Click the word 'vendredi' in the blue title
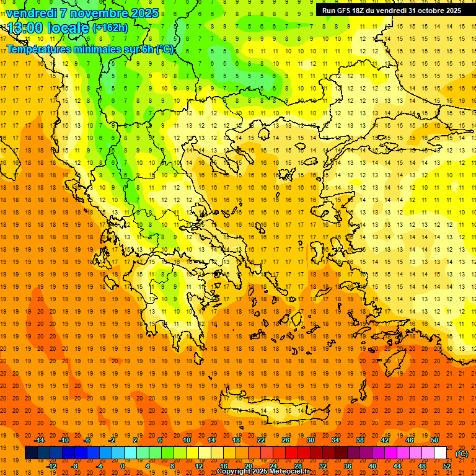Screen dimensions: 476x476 [32, 13]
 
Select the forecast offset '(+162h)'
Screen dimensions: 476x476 [110, 28]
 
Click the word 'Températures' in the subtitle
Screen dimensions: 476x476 [40, 49]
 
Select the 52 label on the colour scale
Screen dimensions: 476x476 [446, 466]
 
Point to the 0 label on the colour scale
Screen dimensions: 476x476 [123, 466]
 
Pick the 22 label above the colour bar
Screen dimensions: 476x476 [261, 440]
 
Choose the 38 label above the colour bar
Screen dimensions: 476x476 [360, 440]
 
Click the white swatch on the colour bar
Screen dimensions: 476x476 [440, 453]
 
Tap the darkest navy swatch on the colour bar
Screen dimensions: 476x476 [31, 453]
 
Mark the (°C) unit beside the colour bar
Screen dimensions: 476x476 [462, 454]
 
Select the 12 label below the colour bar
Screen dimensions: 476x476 [199, 466]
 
